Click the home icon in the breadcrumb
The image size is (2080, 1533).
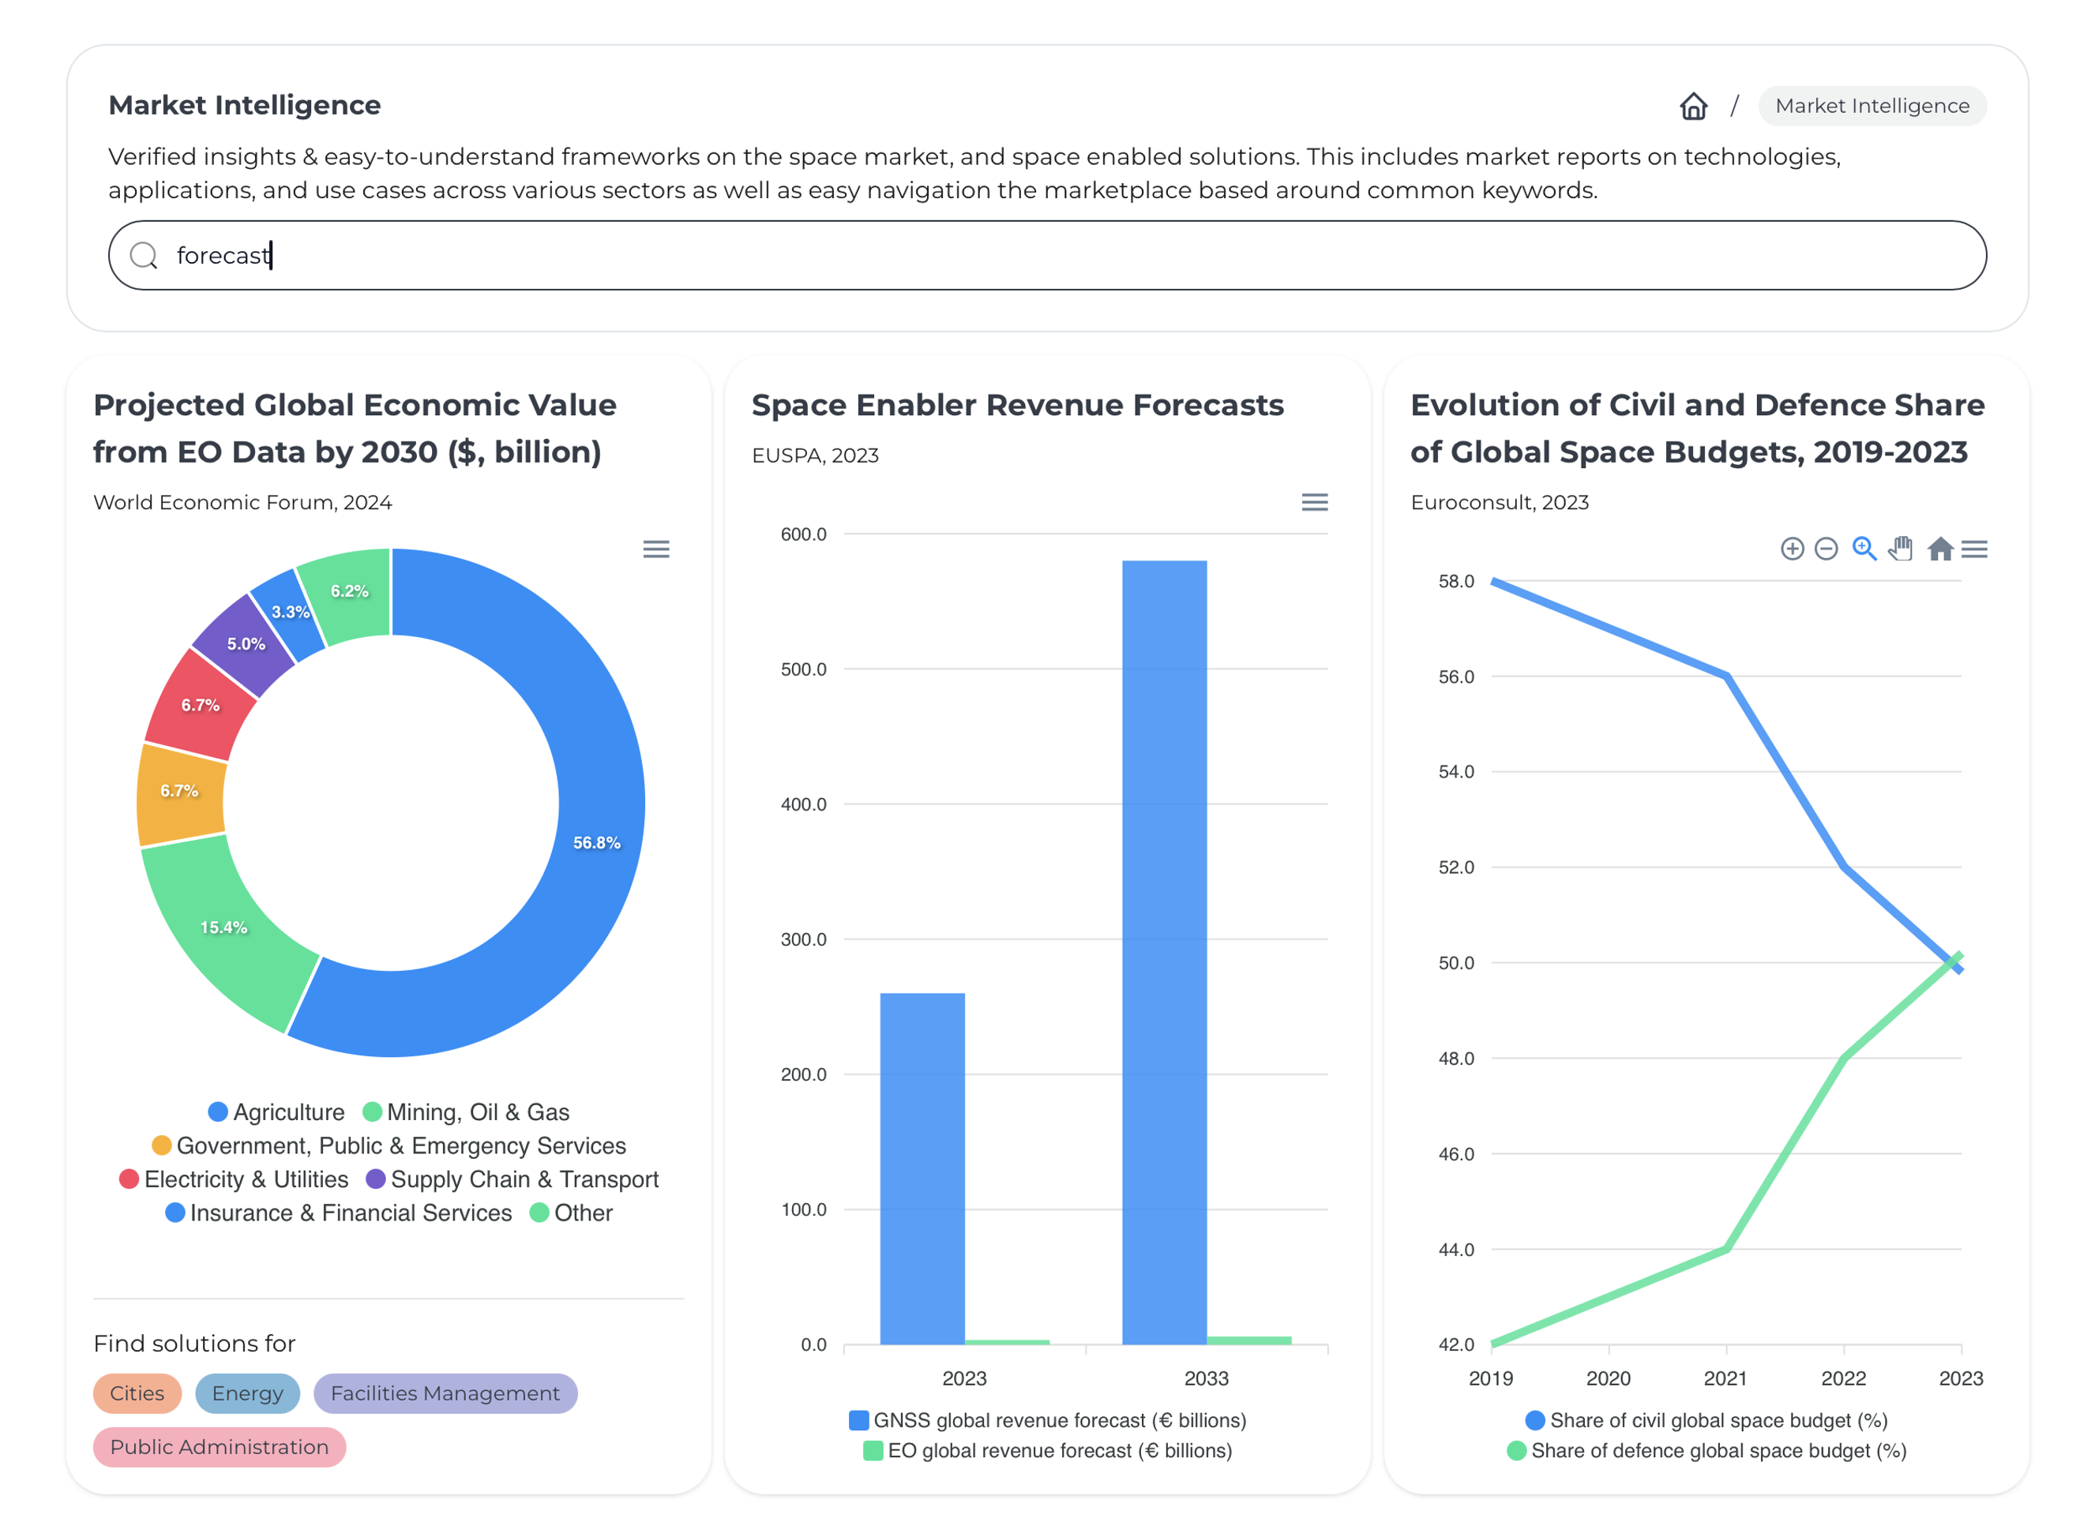(x=1692, y=106)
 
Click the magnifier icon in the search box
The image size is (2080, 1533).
(x=144, y=255)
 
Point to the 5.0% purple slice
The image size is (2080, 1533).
(x=245, y=643)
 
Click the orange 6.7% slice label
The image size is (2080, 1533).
(x=179, y=791)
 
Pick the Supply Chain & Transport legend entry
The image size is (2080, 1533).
(x=512, y=1179)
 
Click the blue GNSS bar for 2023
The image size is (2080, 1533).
(x=922, y=1169)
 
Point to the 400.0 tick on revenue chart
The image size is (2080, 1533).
(x=803, y=804)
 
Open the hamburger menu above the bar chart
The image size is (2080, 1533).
(x=1314, y=502)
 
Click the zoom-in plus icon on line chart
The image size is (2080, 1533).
(x=1791, y=549)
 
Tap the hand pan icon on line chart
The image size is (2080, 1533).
(x=1900, y=549)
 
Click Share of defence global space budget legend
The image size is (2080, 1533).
(x=1706, y=1449)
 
